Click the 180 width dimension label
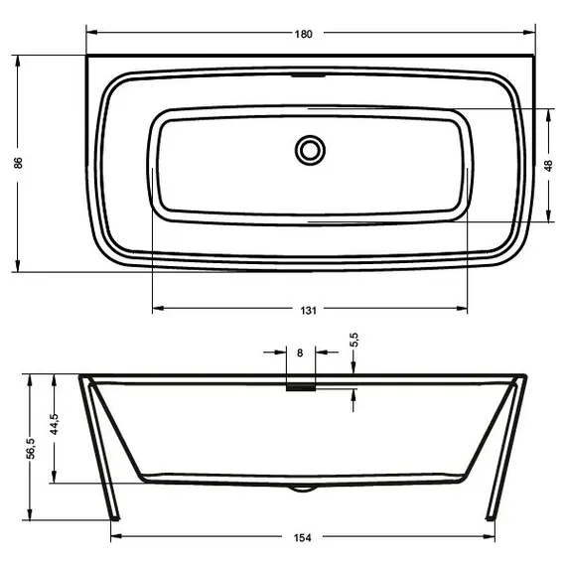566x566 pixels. (x=303, y=34)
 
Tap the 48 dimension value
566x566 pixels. (x=548, y=166)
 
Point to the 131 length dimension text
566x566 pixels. (x=308, y=311)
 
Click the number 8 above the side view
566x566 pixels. (x=300, y=352)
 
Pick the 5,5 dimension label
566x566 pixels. (x=354, y=341)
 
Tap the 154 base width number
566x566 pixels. (x=303, y=538)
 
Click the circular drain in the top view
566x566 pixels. (x=310, y=150)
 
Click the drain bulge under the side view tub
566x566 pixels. (x=302, y=488)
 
